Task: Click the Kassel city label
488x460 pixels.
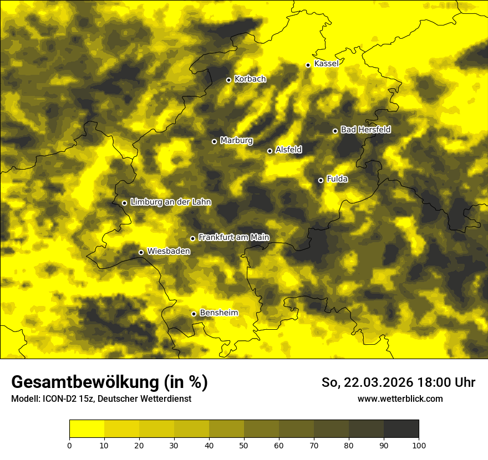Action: click(326, 64)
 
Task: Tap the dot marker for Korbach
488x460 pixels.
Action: click(228, 80)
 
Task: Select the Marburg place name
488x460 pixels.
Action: click(236, 141)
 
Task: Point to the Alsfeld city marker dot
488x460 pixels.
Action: click(270, 151)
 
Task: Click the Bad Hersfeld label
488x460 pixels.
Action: click(365, 130)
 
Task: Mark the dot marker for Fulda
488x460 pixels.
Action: click(321, 180)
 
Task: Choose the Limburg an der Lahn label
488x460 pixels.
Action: click(170, 202)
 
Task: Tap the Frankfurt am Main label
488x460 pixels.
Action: click(233, 237)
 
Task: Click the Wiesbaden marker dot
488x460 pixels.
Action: click(141, 253)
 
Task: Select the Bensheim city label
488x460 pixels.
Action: click(218, 313)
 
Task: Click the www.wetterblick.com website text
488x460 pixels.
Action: click(400, 398)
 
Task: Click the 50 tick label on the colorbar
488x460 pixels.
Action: click(244, 445)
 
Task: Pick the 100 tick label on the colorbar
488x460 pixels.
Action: click(419, 445)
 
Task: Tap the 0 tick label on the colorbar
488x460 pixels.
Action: click(69, 445)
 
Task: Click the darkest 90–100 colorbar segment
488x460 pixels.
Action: click(401, 429)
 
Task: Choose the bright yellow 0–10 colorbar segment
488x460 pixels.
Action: click(87, 429)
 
